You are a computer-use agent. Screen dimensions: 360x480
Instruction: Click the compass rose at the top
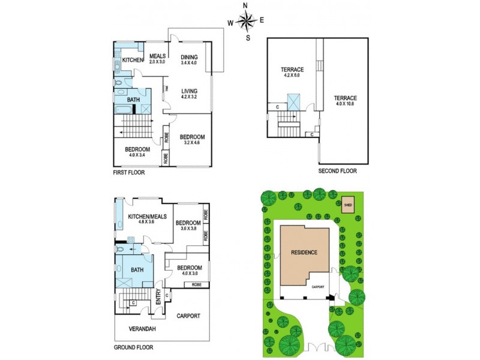tap(246, 22)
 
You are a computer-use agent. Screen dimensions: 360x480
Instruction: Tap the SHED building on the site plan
tap(348, 206)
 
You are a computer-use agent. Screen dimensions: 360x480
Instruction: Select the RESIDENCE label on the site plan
tap(304, 252)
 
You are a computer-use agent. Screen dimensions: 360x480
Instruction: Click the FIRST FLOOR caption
tap(129, 172)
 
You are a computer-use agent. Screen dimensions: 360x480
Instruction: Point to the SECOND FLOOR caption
tap(338, 171)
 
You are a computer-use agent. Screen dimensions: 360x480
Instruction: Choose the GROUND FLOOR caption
tap(133, 347)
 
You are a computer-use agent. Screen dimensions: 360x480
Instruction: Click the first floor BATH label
tap(133, 98)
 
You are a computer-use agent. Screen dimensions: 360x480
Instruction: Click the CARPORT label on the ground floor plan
tap(188, 316)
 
